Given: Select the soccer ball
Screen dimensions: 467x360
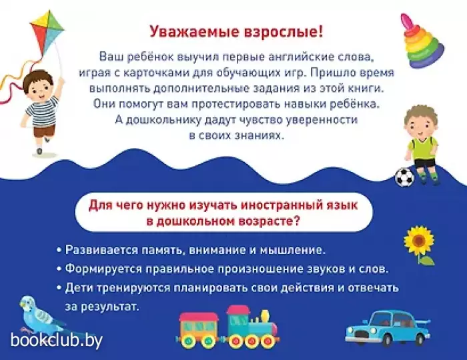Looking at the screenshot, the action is (404, 177).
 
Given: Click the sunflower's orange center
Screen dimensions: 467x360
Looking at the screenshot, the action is (419, 240).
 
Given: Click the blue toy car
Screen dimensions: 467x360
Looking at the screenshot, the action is (388, 328).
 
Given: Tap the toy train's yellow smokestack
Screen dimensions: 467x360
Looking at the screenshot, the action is (264, 317).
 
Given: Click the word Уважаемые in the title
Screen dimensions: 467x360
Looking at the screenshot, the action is (194, 32).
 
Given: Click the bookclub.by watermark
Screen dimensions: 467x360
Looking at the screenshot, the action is (57, 340).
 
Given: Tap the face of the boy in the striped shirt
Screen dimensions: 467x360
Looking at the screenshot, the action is (38, 86).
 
